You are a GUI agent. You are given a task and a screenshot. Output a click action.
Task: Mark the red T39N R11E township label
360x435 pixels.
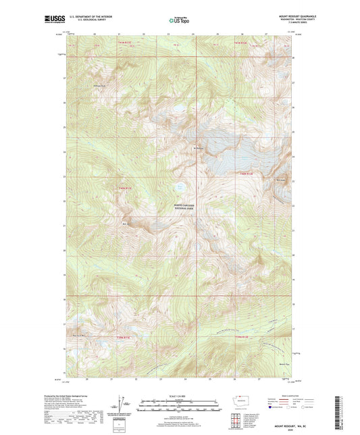click(x=126, y=337)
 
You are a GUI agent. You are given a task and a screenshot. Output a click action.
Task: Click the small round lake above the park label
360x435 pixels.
click(x=180, y=187)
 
